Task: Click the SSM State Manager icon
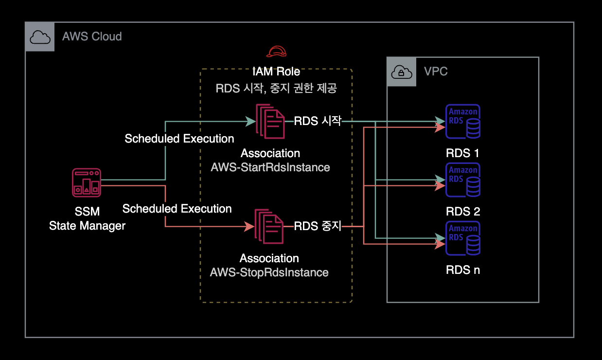[x=87, y=182]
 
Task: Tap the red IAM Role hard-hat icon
[x=276, y=52]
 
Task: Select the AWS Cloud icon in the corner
[x=40, y=37]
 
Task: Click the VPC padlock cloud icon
[x=402, y=72]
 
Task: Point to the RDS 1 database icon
[x=463, y=122]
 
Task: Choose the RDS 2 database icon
[x=463, y=180]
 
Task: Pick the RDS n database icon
[x=463, y=238]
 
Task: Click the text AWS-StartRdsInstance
[x=270, y=167]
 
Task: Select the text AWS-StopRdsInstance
[x=269, y=272]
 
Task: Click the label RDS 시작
[x=318, y=121]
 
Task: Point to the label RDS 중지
[x=318, y=226]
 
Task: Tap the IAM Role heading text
[x=276, y=72]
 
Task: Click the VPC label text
[x=436, y=72]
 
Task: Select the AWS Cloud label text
[x=92, y=36]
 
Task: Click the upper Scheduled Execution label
[x=179, y=139]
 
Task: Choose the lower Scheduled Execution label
[x=177, y=209]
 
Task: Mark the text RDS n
[x=463, y=270]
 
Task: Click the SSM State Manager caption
[x=87, y=219]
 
